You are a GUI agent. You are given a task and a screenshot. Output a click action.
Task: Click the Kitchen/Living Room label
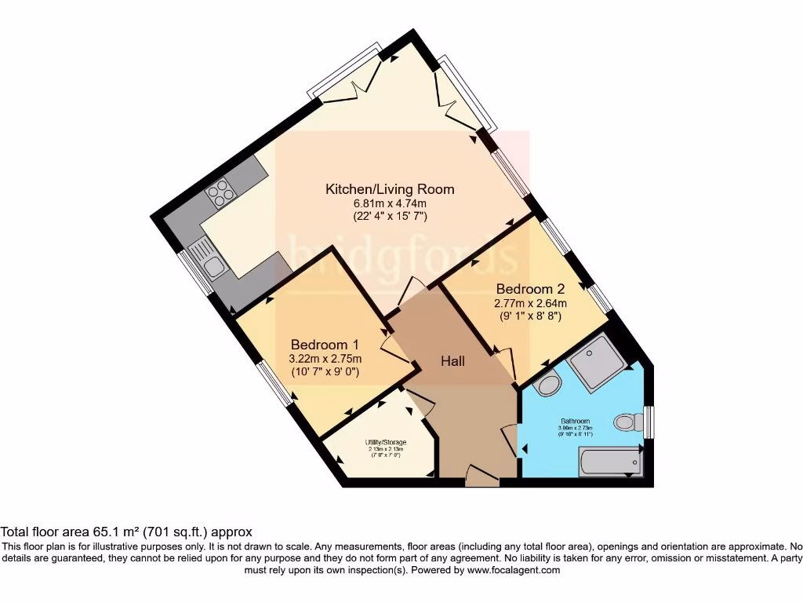click(390, 189)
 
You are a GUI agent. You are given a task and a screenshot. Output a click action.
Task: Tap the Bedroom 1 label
click(325, 345)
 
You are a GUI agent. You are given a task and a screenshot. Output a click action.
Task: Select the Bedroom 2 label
click(529, 289)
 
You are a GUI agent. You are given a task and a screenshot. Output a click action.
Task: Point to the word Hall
click(452, 361)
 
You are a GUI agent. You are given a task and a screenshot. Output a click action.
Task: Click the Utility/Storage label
click(385, 443)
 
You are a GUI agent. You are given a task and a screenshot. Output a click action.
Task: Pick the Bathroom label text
click(576, 422)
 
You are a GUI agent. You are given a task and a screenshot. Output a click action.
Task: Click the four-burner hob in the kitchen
click(220, 191)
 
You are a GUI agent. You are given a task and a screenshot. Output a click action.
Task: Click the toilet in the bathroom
click(627, 422)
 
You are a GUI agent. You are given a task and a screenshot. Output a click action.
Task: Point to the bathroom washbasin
click(547, 385)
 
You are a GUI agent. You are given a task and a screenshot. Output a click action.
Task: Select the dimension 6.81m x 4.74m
click(390, 203)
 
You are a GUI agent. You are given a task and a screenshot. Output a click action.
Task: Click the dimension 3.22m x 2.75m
click(325, 359)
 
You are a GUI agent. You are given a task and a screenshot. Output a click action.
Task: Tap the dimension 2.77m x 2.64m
click(530, 303)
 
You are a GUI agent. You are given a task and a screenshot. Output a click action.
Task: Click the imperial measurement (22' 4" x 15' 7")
click(390, 215)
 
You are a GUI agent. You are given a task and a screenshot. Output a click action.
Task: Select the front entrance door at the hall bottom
click(481, 476)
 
